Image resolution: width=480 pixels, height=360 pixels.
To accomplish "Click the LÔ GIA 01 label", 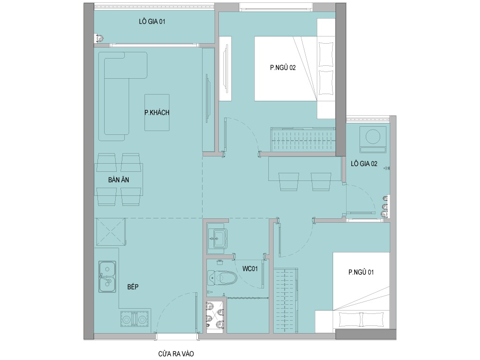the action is pyautogui.click(x=152, y=22).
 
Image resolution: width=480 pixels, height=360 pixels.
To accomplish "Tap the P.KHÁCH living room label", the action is pyautogui.click(x=157, y=112).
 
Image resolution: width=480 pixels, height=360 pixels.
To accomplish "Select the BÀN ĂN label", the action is pyautogui.click(x=119, y=180).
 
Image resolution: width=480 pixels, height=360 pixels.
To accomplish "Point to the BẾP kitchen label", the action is pyautogui.click(x=133, y=287).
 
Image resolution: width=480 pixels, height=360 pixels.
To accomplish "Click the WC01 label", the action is pyautogui.click(x=250, y=269).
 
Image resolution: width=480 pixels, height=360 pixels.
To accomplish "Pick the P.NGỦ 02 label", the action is pyautogui.click(x=283, y=67).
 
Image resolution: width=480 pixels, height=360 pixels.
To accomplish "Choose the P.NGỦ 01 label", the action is pyautogui.click(x=361, y=272).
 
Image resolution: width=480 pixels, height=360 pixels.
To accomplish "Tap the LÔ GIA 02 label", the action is pyautogui.click(x=364, y=164).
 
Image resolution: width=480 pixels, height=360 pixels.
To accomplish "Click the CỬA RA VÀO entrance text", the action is pyautogui.click(x=176, y=354).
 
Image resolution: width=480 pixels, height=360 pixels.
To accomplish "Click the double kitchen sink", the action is pyautogui.click(x=107, y=277).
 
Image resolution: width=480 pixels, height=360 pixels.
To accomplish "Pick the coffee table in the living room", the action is pyautogui.click(x=157, y=112).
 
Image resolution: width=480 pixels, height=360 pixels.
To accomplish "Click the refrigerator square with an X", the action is pyautogui.click(x=111, y=232).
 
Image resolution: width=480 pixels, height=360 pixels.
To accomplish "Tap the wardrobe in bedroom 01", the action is pyautogui.click(x=286, y=300).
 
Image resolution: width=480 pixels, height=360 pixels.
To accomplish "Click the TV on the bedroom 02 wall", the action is pyautogui.click(x=226, y=69).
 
